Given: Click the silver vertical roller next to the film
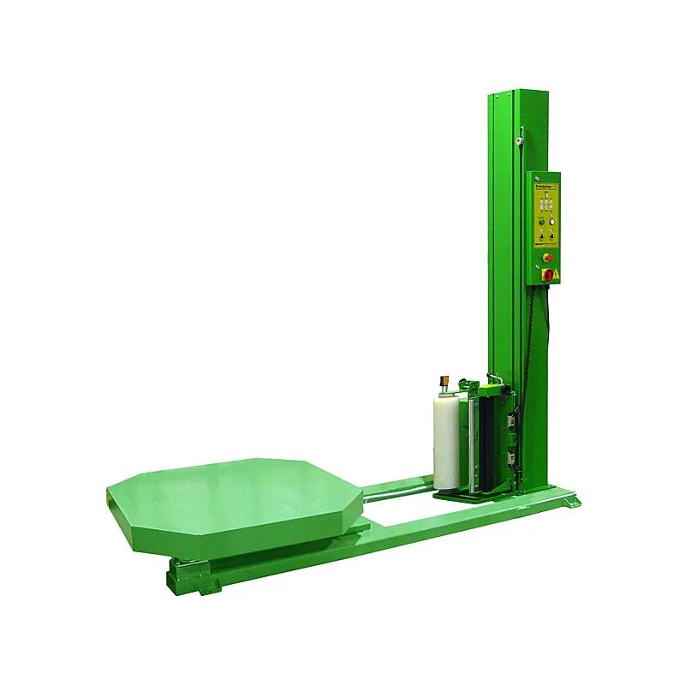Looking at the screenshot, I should click(x=467, y=445).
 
